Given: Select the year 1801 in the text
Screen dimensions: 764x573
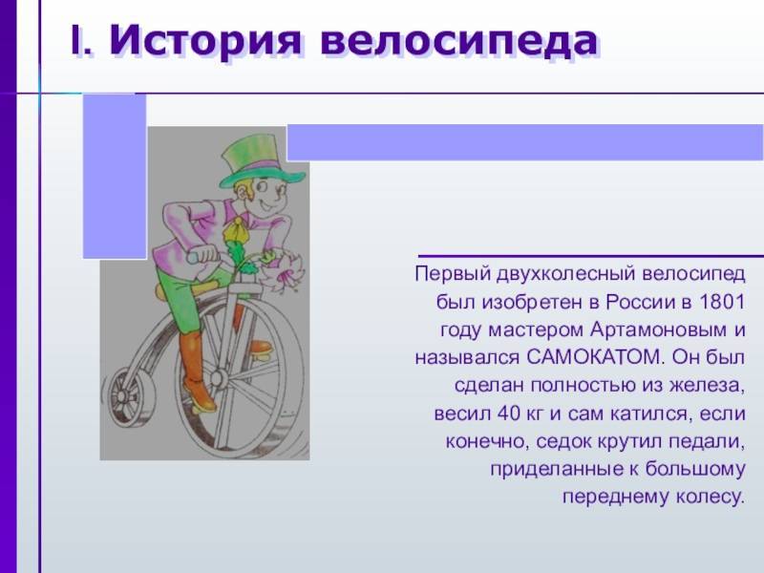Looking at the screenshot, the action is click(722, 302).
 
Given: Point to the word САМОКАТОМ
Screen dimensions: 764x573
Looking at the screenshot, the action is click(595, 357).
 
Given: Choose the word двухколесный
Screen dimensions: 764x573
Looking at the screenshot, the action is click(566, 274).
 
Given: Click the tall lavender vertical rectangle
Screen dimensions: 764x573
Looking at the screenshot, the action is click(115, 176).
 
